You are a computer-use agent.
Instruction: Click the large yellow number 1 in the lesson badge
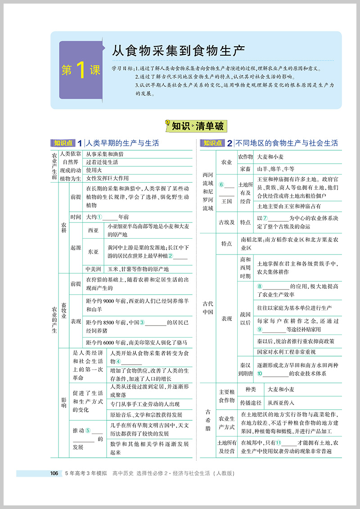81,70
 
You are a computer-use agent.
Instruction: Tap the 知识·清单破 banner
194,126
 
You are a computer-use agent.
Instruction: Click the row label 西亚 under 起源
93,230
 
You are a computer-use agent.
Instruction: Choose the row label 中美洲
93,269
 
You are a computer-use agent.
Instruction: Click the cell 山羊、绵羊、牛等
275,169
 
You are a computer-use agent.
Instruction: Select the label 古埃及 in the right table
226,222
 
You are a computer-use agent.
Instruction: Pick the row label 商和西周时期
245,268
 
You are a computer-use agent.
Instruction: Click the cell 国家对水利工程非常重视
286,352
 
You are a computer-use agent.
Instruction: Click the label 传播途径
251,403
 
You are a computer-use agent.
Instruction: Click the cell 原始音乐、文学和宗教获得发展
146,414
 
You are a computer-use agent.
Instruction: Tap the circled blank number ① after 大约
100,217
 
